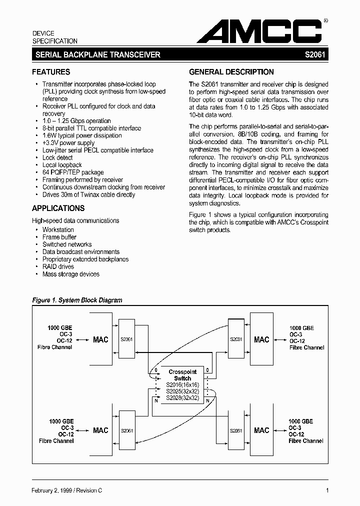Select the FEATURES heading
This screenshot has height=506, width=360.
(51, 72)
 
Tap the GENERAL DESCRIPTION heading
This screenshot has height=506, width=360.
(231, 72)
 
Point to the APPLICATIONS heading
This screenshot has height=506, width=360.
(58, 208)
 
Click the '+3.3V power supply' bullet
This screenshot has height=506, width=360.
(68, 143)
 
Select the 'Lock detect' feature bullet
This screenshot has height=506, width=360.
(57, 157)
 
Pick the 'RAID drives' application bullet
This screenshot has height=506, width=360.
(58, 267)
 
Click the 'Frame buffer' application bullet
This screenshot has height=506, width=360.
(59, 237)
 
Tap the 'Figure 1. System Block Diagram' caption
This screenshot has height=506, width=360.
(77, 300)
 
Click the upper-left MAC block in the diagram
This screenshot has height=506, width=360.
(100, 340)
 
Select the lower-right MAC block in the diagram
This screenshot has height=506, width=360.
(261, 430)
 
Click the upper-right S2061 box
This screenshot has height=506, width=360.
(236, 339)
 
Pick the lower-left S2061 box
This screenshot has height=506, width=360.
(126, 430)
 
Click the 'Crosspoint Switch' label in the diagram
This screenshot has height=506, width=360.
(182, 375)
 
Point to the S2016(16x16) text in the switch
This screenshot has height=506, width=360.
(182, 385)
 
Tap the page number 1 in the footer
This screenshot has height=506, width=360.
(327, 491)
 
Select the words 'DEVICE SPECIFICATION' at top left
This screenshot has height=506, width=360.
(55, 37)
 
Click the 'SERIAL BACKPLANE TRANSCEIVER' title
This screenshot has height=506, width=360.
(96, 55)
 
